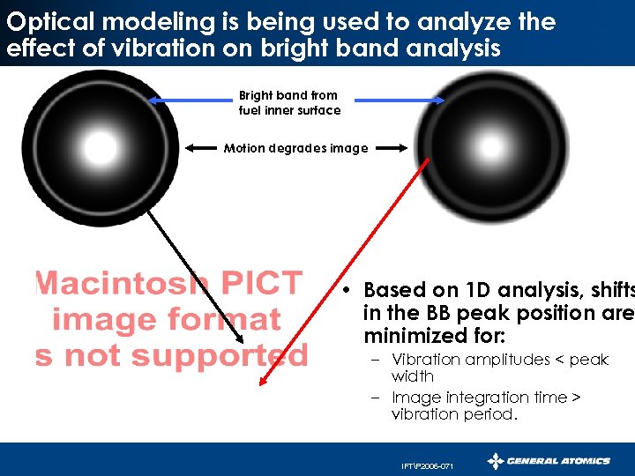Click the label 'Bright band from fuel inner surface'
[289, 102]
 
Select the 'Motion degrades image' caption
[295, 148]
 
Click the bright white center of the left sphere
[100, 147]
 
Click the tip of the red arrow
[262, 383]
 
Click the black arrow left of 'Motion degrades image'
[205, 148]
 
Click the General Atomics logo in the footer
[549, 460]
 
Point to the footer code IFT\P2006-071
[427, 465]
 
